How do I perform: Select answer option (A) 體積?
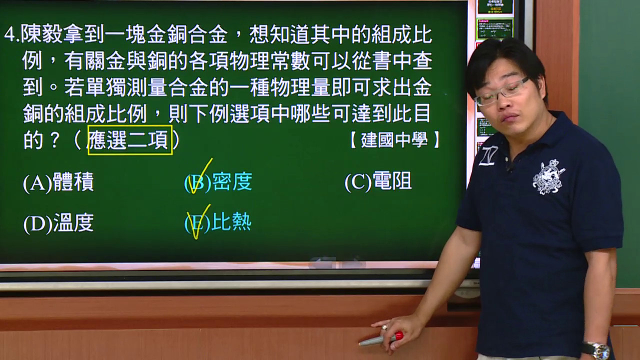click(58, 182)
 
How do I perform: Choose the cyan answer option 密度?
click(218, 181)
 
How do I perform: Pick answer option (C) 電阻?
click(378, 181)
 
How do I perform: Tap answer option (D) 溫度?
click(58, 223)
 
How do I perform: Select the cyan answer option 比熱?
click(218, 222)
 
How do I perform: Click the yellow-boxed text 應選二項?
click(130, 140)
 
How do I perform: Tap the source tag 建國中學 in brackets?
click(394, 140)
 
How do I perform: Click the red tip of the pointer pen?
click(399, 335)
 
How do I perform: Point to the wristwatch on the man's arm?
click(596, 350)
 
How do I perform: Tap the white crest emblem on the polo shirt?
click(548, 177)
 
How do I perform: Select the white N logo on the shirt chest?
click(488, 156)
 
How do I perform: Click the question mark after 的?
click(54, 140)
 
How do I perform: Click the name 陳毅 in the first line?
click(42, 35)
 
